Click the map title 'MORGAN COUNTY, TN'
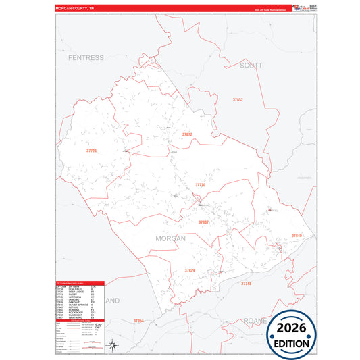pyautogui.click(x=76, y=8)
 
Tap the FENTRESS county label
pyautogui.click(x=86, y=59)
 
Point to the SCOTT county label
pyautogui.click(x=251, y=66)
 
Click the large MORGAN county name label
pyautogui.click(x=170, y=238)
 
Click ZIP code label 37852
pyautogui.click(x=237, y=99)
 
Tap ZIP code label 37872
pyautogui.click(x=187, y=134)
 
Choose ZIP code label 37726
pyautogui.click(x=92, y=151)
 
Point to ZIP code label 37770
pyautogui.click(x=200, y=184)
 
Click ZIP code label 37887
pyautogui.click(x=203, y=222)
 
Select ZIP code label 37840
pyautogui.click(x=297, y=235)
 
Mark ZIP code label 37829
pyautogui.click(x=190, y=270)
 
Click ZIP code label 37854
pyautogui.click(x=139, y=320)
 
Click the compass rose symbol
pyautogui.click(x=114, y=346)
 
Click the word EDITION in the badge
pyautogui.click(x=290, y=342)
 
